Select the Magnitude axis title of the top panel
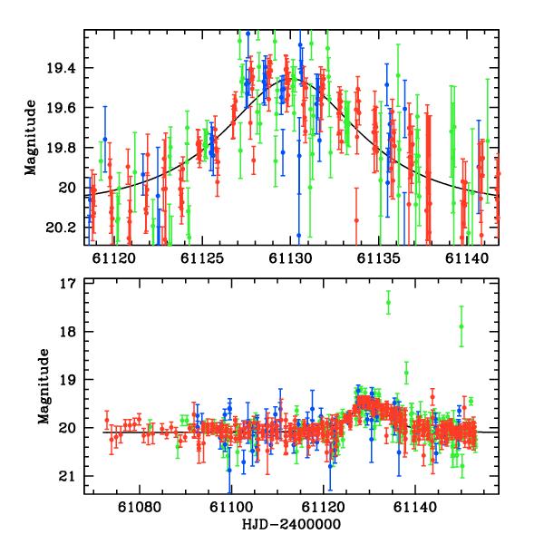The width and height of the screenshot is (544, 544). coord(31,138)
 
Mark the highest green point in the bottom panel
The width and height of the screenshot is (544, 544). coord(388,303)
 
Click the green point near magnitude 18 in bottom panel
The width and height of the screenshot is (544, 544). coord(461,326)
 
